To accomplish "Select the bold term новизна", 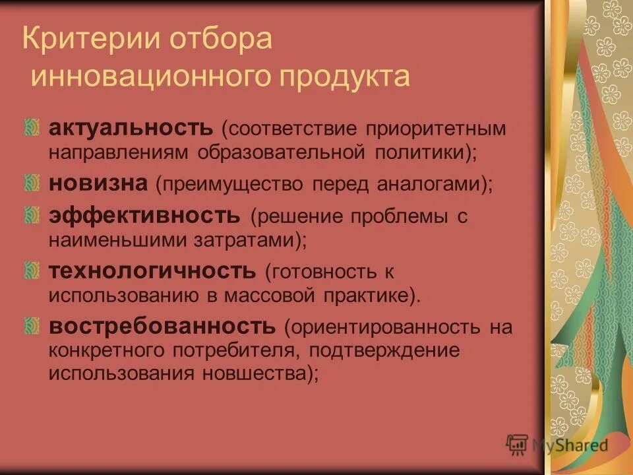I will click(98, 182).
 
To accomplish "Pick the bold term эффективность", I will click(144, 215).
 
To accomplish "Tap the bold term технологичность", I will click(152, 270).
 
